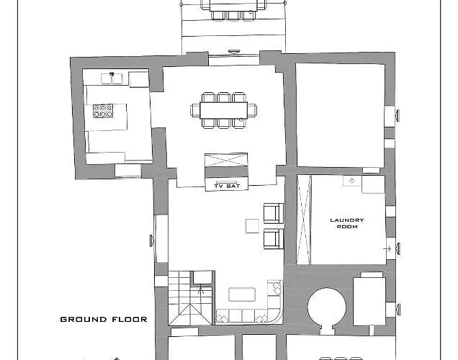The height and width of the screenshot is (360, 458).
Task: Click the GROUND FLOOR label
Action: pyautogui.click(x=104, y=319)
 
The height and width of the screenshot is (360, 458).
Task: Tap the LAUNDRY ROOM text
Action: pyautogui.click(x=347, y=223)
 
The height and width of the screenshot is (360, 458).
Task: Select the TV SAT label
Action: pyautogui.click(x=227, y=186)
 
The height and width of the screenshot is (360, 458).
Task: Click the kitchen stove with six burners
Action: pyautogui.click(x=103, y=112)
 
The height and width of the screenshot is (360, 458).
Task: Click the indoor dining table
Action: pyautogui.click(x=223, y=110)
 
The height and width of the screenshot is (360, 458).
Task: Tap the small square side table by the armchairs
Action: pyautogui.click(x=251, y=226)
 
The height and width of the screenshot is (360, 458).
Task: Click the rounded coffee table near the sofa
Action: pyautogui.click(x=241, y=294)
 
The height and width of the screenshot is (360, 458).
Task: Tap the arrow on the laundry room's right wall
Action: pyautogui.click(x=390, y=248)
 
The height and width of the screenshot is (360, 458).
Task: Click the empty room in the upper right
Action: pyautogui.click(x=341, y=114)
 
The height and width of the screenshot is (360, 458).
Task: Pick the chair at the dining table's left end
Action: pyautogui.click(x=194, y=110)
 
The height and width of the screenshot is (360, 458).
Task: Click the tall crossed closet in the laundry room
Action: pyautogui.click(x=304, y=220)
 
